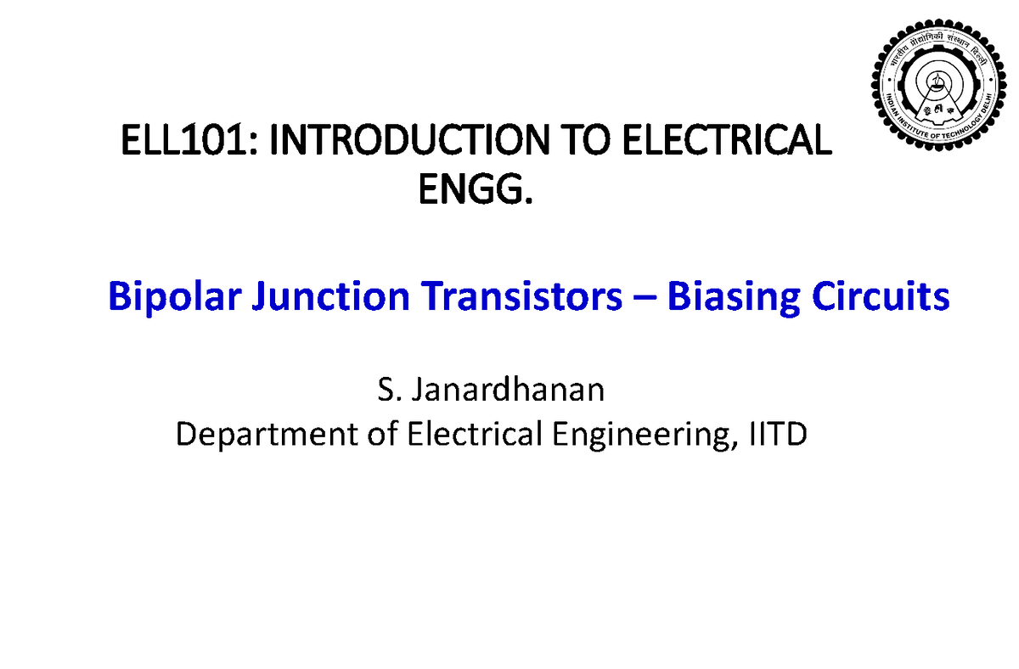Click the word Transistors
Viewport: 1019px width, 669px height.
[502, 298]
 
